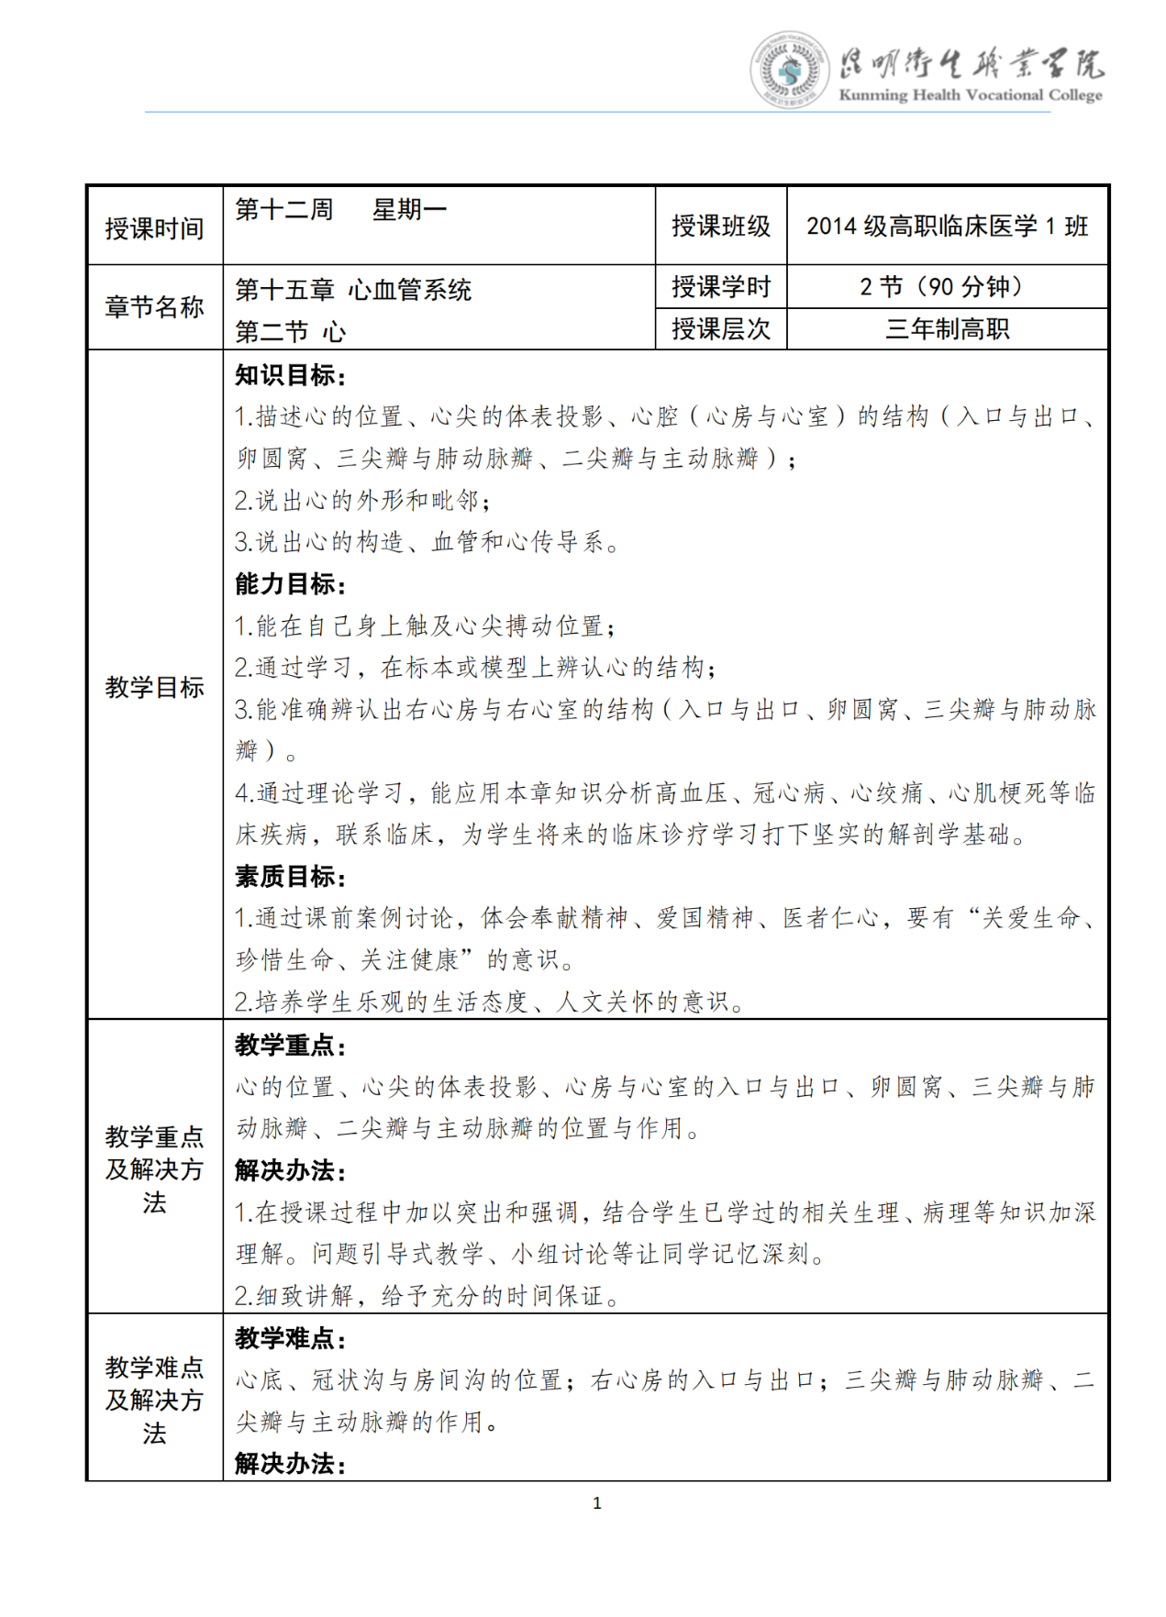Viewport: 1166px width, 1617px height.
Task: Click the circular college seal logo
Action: coord(789,71)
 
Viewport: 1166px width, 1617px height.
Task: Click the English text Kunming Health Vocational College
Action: coord(970,94)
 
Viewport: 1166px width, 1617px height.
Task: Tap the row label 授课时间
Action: coord(154,227)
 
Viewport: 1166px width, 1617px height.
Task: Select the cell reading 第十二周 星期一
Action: coord(340,210)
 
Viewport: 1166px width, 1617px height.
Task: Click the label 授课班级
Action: coord(721,226)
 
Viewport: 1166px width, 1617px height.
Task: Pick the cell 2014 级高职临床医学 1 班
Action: coord(947,226)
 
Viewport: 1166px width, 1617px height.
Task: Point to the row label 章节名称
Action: coord(154,307)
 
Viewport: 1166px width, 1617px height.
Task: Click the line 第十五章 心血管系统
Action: coord(353,290)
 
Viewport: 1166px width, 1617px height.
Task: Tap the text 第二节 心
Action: coord(290,331)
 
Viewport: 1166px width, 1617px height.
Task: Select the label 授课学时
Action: coord(721,287)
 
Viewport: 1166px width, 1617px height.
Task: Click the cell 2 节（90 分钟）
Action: coord(947,287)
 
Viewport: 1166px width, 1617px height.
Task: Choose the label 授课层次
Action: coord(721,328)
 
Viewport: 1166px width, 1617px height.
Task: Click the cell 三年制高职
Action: coord(947,328)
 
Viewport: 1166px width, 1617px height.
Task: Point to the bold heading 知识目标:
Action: coord(290,374)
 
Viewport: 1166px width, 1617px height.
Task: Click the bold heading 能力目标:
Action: coord(290,583)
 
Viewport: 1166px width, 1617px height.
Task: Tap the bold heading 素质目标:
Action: coord(290,876)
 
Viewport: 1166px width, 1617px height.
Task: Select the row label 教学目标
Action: coord(154,686)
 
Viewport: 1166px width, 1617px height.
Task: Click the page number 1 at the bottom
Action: coord(597,1502)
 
